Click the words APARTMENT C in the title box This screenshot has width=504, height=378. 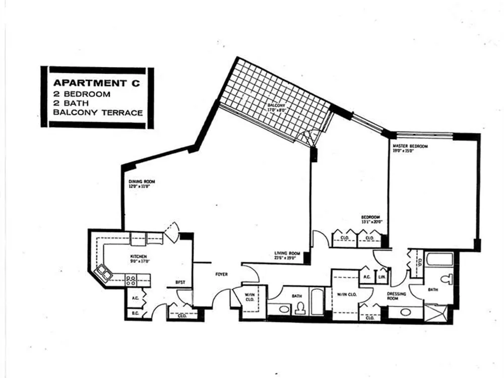pyautogui.click(x=97, y=84)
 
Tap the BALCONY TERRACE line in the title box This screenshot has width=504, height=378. pyautogui.click(x=97, y=113)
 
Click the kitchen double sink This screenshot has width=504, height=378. pyautogui.click(x=105, y=273)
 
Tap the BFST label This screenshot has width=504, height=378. pyautogui.click(x=179, y=283)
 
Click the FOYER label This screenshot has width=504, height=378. pyautogui.click(x=221, y=275)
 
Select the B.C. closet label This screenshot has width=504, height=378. pyautogui.click(x=135, y=312)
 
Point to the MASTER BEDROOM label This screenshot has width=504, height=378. pyautogui.click(x=410, y=146)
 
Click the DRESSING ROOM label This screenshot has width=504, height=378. pyautogui.click(x=393, y=295)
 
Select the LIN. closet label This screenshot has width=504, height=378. pyautogui.click(x=383, y=276)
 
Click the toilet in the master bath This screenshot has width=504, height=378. pyautogui.click(x=447, y=279)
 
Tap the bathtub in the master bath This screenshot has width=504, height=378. pyautogui.click(x=439, y=260)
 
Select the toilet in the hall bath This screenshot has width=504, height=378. pyautogui.click(x=300, y=307)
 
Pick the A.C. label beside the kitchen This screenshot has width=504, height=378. pyautogui.click(x=135, y=297)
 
